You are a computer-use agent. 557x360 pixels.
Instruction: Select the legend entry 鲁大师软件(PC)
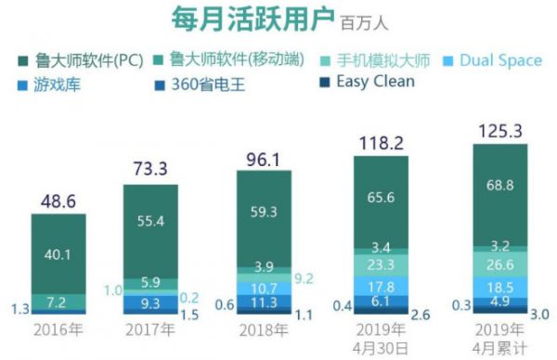click(x=81, y=60)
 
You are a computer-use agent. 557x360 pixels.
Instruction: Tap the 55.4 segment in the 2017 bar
click(x=150, y=221)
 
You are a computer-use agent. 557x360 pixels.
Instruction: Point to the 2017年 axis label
click(x=150, y=329)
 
